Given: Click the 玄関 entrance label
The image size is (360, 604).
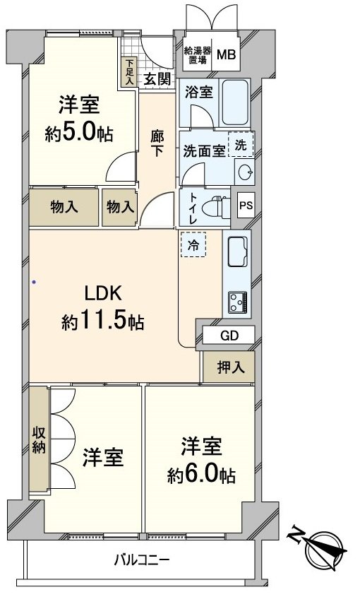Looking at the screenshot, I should (157, 79).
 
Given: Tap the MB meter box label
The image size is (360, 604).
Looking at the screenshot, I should (227, 55).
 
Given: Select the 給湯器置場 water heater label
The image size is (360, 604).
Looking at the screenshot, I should (196, 55).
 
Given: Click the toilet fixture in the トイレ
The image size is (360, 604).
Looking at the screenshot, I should (216, 208).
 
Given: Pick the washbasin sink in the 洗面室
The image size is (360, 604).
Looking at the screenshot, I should (244, 172).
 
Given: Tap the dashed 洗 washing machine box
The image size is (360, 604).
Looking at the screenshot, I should (240, 144).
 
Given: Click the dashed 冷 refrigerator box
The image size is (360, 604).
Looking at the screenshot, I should (193, 245).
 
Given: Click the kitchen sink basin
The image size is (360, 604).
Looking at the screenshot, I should (237, 250).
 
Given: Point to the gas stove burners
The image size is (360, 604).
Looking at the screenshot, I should (237, 303).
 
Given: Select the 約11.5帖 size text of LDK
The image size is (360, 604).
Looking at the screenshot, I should (103, 322).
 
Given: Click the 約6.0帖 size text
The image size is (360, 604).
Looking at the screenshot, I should (200, 475).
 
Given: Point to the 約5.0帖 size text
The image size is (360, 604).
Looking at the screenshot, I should (79, 133).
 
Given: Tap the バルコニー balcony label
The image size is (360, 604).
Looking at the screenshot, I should (142, 561).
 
